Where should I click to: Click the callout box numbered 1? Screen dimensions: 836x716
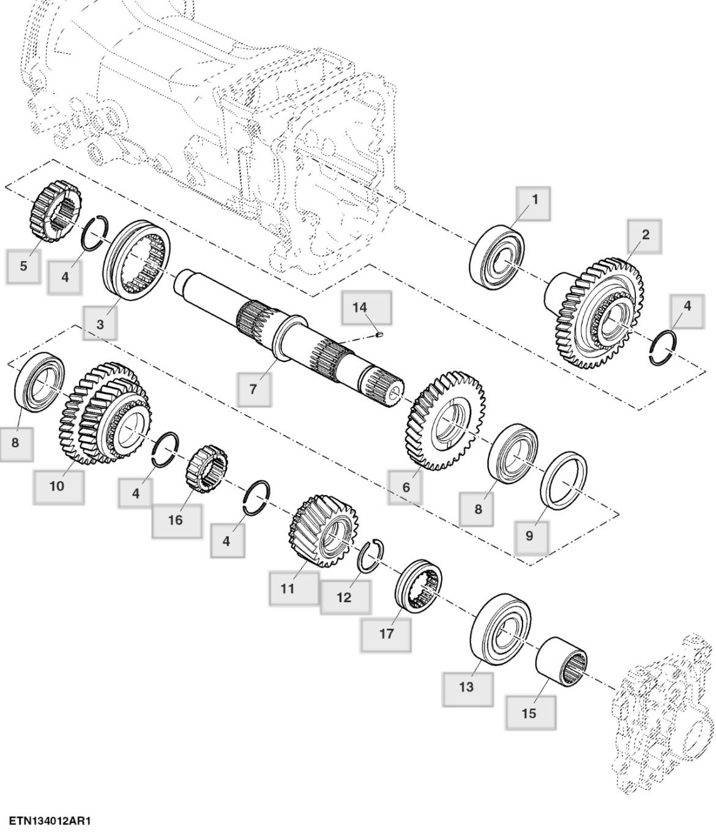[533, 203]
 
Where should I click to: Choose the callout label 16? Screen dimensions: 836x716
[176, 520]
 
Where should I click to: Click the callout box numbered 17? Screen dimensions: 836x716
[386, 633]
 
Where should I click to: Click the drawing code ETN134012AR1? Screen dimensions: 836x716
[49, 820]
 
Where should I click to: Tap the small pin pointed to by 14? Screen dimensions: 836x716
[379, 334]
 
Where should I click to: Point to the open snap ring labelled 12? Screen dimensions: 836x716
[371, 556]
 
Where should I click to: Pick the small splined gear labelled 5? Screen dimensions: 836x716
[55, 210]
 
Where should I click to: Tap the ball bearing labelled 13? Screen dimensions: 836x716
[502, 629]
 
